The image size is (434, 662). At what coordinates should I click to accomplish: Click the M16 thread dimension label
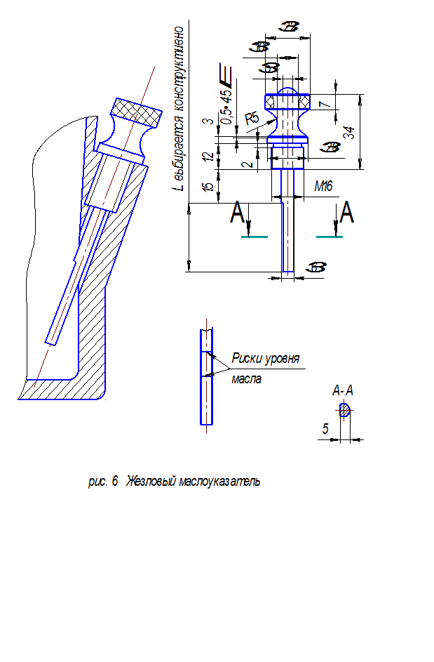point(324,187)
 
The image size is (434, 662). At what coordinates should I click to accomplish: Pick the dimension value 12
point(207,156)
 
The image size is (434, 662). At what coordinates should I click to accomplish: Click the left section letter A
point(238,213)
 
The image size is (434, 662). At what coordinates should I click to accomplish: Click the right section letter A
point(346,212)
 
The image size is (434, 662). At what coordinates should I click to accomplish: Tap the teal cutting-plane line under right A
point(330,237)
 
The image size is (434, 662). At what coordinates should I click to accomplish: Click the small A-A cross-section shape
point(344,411)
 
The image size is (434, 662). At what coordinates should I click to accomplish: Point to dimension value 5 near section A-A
point(325,428)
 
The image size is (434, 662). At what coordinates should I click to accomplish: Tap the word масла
point(247,379)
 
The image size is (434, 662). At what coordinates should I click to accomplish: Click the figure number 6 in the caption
point(114,482)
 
